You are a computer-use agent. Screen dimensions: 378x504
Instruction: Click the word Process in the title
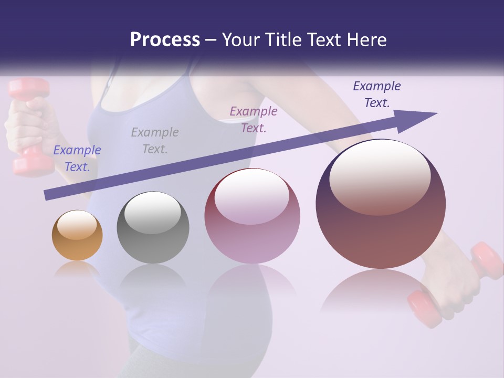tap(165, 40)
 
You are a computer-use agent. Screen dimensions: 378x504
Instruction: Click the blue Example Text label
tap(77, 159)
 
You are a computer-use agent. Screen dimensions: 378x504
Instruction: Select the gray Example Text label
tap(155, 141)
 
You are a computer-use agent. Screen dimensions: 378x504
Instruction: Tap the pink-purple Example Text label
tap(254, 120)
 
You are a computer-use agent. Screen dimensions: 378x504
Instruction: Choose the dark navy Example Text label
tap(377, 94)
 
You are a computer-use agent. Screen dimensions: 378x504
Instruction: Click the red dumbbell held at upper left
tap(29, 126)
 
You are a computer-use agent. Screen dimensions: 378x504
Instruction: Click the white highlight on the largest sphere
tap(380, 176)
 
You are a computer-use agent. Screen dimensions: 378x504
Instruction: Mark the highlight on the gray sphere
tap(152, 213)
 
